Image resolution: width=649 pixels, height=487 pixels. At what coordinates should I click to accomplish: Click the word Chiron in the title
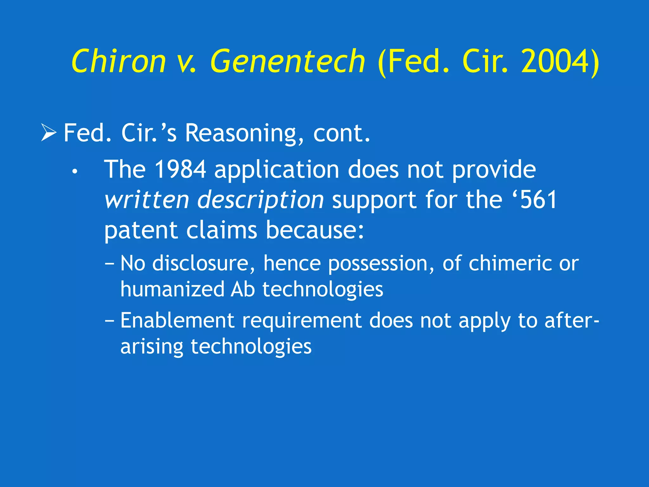tap(119, 61)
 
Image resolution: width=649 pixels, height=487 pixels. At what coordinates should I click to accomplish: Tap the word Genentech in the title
tap(287, 61)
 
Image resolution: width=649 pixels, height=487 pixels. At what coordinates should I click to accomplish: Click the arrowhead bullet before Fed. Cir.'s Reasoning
tap(48, 133)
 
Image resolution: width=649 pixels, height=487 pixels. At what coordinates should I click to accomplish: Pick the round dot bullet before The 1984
tap(74, 172)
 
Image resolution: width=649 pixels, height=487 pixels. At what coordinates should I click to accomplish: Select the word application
tap(277, 170)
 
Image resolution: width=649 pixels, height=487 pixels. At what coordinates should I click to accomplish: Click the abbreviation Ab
tap(243, 289)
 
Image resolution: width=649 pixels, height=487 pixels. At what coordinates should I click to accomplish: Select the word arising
tap(151, 347)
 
